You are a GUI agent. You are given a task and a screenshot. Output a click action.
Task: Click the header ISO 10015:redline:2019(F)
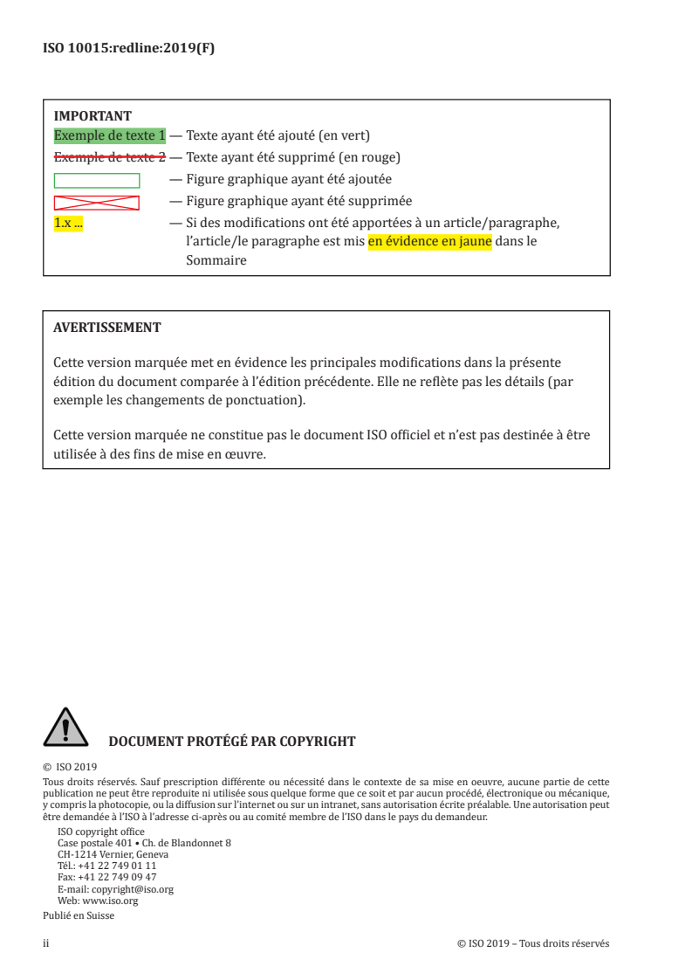click(128, 49)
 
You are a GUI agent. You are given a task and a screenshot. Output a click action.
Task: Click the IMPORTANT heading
click(92, 115)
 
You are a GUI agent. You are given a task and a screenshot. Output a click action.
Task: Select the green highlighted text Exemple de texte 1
click(109, 136)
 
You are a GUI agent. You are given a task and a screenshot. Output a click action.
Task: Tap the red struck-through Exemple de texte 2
click(109, 158)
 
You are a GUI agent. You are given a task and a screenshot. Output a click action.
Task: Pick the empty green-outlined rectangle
click(97, 181)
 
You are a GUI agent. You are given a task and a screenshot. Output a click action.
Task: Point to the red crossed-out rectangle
click(97, 203)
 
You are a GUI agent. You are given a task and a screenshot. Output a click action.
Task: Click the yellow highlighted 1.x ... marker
click(68, 224)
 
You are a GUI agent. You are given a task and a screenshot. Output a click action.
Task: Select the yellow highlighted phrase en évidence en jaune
click(429, 241)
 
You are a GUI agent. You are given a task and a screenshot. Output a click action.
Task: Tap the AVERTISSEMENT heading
click(106, 328)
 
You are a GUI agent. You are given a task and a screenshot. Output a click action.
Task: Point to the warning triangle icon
click(64, 727)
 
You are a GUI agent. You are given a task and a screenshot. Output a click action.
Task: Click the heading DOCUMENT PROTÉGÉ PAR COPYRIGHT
click(231, 742)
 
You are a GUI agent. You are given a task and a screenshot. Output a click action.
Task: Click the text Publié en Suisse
click(79, 915)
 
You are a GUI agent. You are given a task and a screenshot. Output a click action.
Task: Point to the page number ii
click(46, 943)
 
